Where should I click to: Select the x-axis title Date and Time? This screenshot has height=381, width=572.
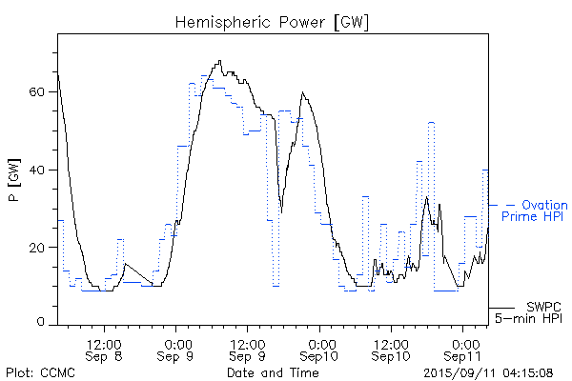click(273, 372)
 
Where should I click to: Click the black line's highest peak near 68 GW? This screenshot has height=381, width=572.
click(220, 61)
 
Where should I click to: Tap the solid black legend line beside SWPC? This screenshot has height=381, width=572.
click(501, 307)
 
